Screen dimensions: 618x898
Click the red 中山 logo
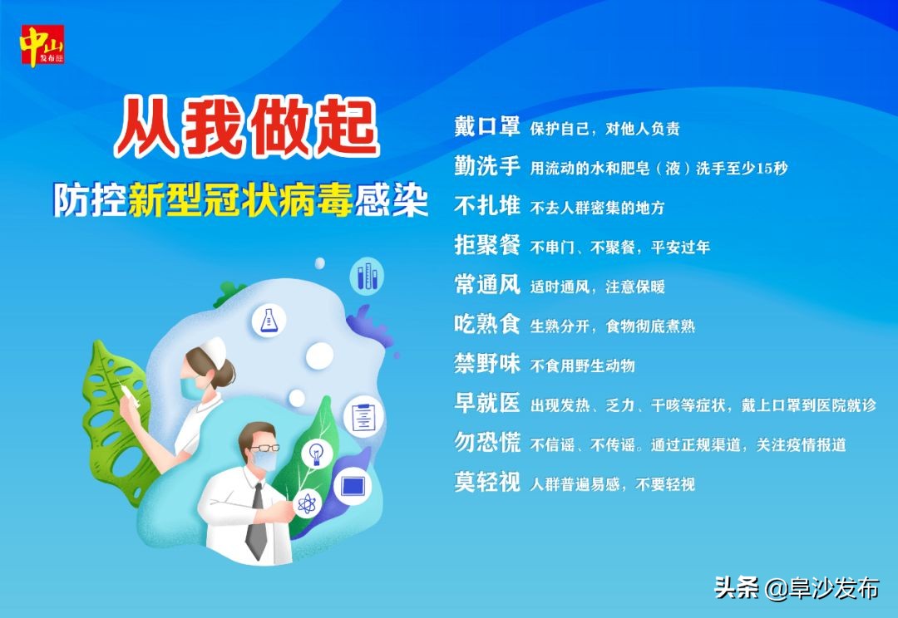click(x=42, y=47)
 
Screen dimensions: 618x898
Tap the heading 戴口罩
click(x=486, y=127)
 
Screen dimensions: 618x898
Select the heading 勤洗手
click(x=486, y=167)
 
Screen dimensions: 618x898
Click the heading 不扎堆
click(x=486, y=206)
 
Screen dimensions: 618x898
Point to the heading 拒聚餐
click(x=486, y=246)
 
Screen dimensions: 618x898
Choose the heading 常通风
click(x=486, y=286)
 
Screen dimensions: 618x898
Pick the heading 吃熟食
click(x=486, y=325)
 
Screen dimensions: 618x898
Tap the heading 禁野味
click(x=486, y=365)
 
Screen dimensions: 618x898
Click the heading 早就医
click(x=486, y=405)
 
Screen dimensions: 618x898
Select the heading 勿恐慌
click(x=486, y=444)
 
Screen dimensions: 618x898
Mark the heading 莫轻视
click(x=486, y=483)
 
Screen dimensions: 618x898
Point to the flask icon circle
click(x=268, y=321)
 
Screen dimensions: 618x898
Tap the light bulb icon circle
click(x=316, y=454)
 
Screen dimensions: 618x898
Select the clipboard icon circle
click(x=362, y=416)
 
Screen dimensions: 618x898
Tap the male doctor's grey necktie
click(x=257, y=522)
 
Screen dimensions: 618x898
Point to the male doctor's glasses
click(x=264, y=448)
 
